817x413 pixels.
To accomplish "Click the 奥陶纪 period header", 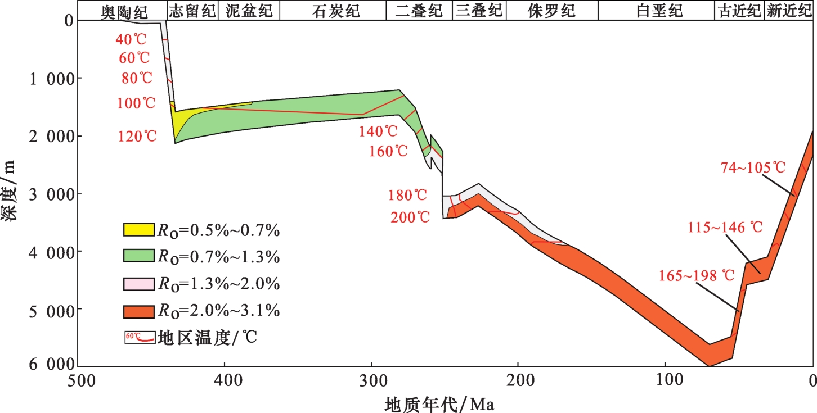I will tap(123, 11).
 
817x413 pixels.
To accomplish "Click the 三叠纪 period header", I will tap(479, 11).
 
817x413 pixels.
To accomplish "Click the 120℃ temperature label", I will tap(137, 136).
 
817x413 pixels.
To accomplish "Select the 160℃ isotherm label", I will tap(389, 152).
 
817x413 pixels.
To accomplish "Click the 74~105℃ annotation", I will tap(752, 167).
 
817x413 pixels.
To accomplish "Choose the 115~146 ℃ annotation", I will tap(725, 228).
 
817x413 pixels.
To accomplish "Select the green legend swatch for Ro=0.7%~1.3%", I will tap(138, 256).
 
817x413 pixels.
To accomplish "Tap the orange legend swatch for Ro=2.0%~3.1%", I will tap(138, 311).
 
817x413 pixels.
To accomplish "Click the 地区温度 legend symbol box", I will tap(138, 338).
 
